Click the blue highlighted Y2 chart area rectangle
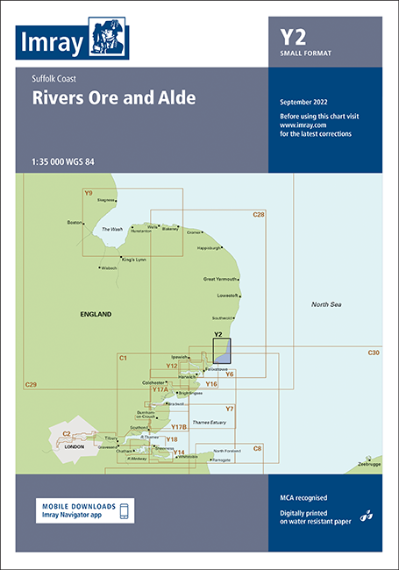[x=222, y=352]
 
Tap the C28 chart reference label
[x=259, y=215]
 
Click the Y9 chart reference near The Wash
[x=88, y=192]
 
